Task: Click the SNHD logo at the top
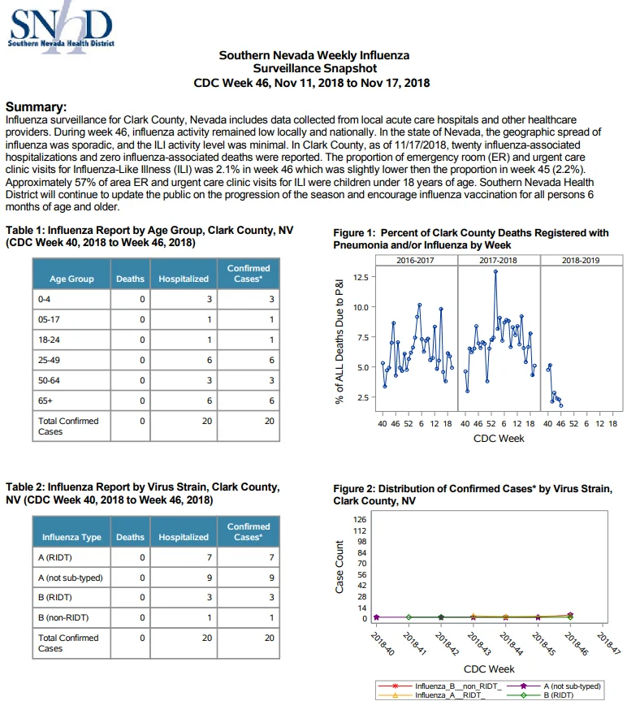[61, 28]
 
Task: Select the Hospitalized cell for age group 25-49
[184, 360]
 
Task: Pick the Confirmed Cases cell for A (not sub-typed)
[249, 578]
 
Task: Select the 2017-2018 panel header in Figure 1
[498, 261]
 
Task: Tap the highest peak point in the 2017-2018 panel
[495, 272]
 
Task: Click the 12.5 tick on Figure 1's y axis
[360, 277]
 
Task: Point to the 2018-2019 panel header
[581, 261]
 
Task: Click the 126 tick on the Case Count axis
[360, 520]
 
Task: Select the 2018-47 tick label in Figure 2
[610, 644]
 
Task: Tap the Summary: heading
[36, 107]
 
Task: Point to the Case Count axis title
[339, 567]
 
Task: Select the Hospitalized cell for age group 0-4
[184, 299]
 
